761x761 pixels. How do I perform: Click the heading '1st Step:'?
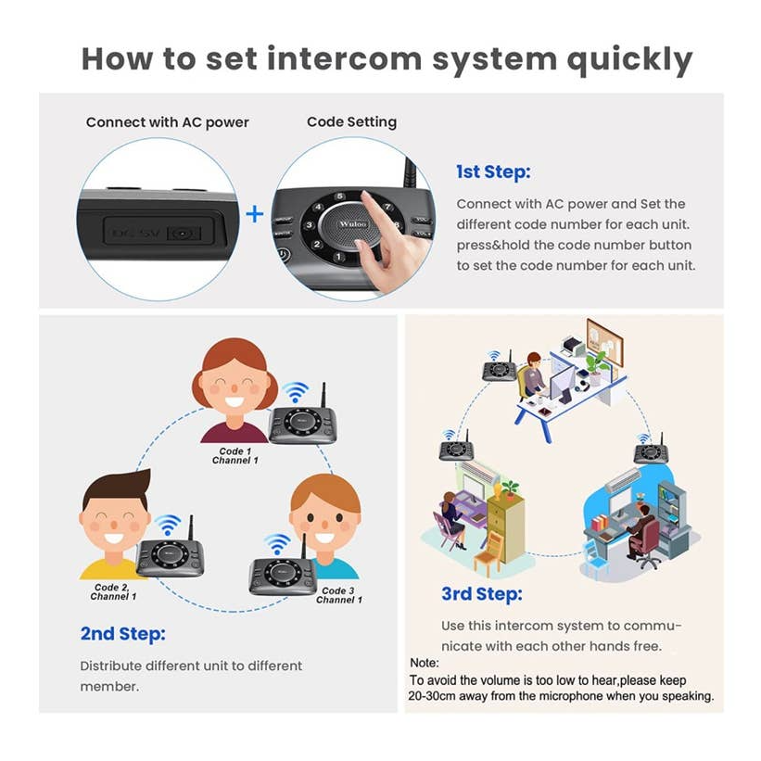pyautogui.click(x=492, y=171)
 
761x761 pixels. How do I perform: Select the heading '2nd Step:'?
pyautogui.click(x=122, y=634)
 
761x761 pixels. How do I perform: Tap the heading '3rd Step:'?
pyautogui.click(x=481, y=594)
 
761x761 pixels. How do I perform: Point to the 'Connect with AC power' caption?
pyautogui.click(x=167, y=122)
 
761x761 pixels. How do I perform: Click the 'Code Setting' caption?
pyautogui.click(x=351, y=122)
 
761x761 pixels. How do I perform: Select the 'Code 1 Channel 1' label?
pyautogui.click(x=232, y=456)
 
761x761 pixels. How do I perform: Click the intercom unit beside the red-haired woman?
pyautogui.click(x=302, y=422)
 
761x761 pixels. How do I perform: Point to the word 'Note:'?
pyautogui.click(x=425, y=664)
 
